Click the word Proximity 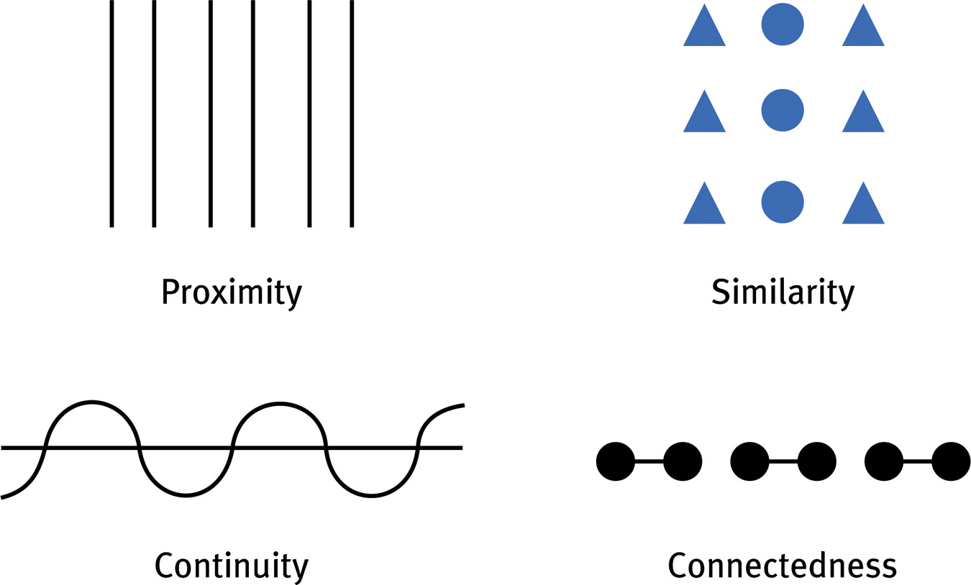(232, 292)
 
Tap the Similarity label (783, 292)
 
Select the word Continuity (232, 566)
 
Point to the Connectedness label (783, 566)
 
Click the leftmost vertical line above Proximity (111, 114)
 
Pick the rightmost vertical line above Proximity (352, 114)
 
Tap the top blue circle (783, 26)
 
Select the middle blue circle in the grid (783, 111)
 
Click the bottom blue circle (783, 202)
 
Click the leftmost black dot (616, 461)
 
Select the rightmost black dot (951, 461)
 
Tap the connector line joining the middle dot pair (783, 461)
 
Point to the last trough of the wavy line (371, 494)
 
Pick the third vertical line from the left (210, 114)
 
